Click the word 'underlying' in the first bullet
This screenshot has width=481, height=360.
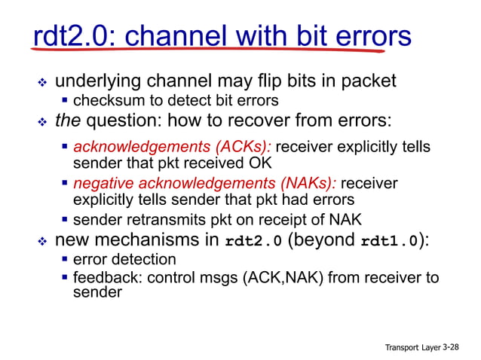coord(101,81)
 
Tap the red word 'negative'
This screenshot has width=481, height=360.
coord(103,183)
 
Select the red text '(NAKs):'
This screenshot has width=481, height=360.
coord(311,183)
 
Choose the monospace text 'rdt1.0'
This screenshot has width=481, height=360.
coord(388,242)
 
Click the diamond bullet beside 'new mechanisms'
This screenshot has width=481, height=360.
coord(42,241)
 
